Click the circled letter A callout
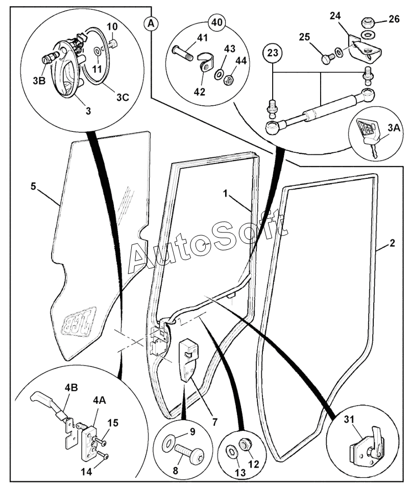tap(151, 23)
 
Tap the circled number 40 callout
tap(217, 22)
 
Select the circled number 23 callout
tap(273, 53)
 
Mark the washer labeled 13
tap(231, 452)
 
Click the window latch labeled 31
tap(367, 450)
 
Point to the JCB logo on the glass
tap(80, 325)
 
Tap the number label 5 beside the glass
tap(33, 187)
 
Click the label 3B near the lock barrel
tap(39, 81)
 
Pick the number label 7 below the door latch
tap(214, 422)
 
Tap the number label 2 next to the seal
tap(393, 243)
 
